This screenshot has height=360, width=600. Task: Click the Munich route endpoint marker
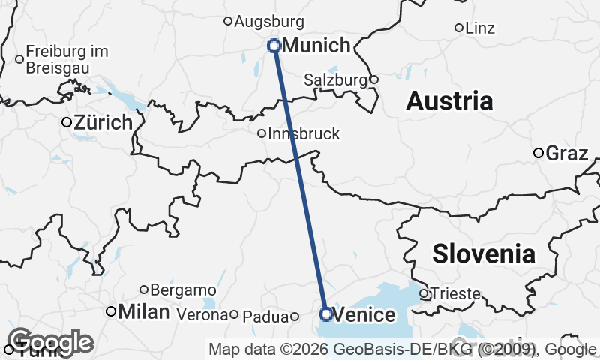pos(274,46)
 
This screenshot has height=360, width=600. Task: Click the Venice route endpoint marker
pos(326,314)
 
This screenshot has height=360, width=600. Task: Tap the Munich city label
pos(316,46)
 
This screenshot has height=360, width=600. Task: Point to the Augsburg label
pos(269,22)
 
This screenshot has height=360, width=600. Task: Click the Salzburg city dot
pos(374,79)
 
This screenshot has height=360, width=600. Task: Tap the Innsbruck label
pos(304,134)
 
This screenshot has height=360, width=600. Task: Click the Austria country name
pos(449,101)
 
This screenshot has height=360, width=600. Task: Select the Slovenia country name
pos(484,253)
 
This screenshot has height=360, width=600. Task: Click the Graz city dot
pos(538,153)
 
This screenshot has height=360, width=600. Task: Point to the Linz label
pos(480,28)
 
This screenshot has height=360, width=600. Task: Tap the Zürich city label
pos(103,122)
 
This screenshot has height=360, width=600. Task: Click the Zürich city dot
pos(66,122)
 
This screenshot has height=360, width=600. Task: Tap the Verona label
pos(202,315)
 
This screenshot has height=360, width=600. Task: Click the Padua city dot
pos(295,316)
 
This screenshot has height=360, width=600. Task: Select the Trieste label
pos(455,294)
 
